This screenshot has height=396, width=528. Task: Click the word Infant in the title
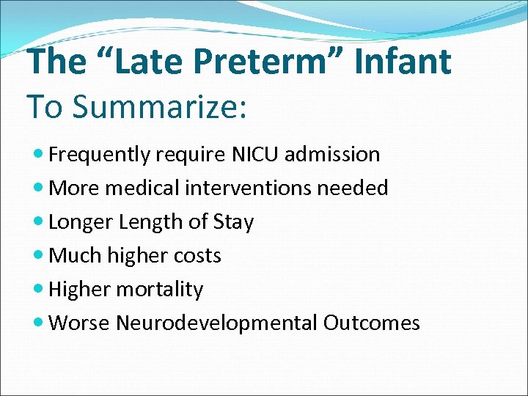(403, 62)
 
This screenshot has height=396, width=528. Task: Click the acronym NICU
(254, 155)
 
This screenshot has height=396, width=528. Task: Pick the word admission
(334, 155)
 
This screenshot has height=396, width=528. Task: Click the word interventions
(252, 188)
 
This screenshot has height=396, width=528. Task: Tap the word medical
(143, 188)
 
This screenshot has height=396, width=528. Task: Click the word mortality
(159, 290)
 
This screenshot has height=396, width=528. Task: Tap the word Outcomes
(371, 323)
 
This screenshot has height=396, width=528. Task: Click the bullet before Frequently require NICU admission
(39, 155)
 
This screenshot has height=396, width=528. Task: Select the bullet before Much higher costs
(39, 257)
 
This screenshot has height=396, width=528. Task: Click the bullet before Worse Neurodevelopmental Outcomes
(39, 324)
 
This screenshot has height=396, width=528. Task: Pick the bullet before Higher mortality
(39, 290)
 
